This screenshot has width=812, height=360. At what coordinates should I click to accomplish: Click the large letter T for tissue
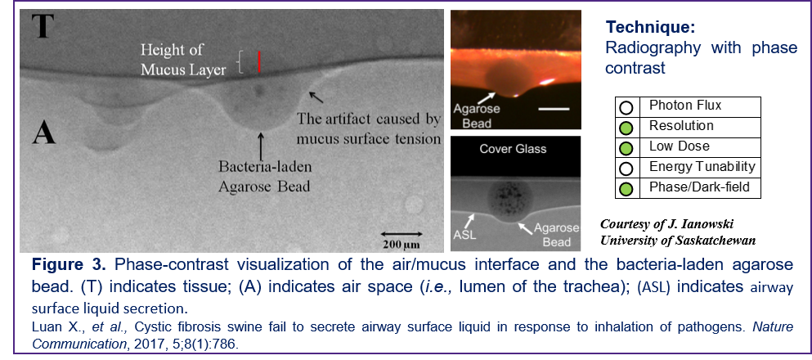[43, 26]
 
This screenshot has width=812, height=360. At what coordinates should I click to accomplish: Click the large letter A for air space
[43, 133]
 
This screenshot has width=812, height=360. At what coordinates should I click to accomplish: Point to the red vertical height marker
[259, 62]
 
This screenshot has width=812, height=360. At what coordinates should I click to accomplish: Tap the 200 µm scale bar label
[402, 245]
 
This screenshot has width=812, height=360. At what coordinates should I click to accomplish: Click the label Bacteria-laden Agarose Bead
[264, 177]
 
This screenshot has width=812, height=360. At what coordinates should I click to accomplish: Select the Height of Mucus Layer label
[183, 60]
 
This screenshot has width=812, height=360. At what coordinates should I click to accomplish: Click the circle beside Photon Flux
[626, 107]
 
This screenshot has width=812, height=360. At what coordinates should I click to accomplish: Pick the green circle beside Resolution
[626, 128]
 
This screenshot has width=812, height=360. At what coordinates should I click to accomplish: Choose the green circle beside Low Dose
[626, 147]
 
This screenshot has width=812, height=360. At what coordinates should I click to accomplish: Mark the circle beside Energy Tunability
[626, 169]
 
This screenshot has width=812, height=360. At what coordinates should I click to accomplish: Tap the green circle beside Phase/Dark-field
[626, 188]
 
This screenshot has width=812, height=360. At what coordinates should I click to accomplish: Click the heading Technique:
[650, 27]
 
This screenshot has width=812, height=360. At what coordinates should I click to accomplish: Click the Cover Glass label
[513, 149]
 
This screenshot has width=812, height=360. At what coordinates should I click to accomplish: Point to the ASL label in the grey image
[464, 234]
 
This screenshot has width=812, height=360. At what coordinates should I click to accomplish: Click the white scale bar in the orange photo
[555, 110]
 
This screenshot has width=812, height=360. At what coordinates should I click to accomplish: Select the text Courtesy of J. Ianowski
[667, 224]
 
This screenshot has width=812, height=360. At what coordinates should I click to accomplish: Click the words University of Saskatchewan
[678, 241]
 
